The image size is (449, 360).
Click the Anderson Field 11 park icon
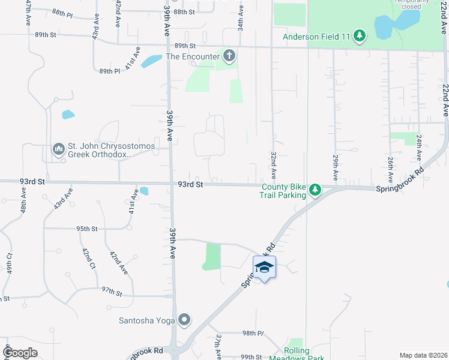(360, 37)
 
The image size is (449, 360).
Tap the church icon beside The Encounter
(229, 57)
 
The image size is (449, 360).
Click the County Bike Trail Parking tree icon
(315, 191)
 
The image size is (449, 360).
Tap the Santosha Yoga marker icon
(185, 320)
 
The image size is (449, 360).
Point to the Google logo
(20, 353)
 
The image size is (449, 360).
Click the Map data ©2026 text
(423, 355)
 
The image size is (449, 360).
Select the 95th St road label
(86, 229)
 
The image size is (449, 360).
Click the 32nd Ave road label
(273, 165)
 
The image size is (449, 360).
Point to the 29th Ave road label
(336, 167)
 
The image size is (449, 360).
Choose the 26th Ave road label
(390, 170)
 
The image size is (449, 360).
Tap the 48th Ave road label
(23, 203)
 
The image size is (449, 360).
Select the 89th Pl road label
(110, 71)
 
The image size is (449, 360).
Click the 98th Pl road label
(253, 333)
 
